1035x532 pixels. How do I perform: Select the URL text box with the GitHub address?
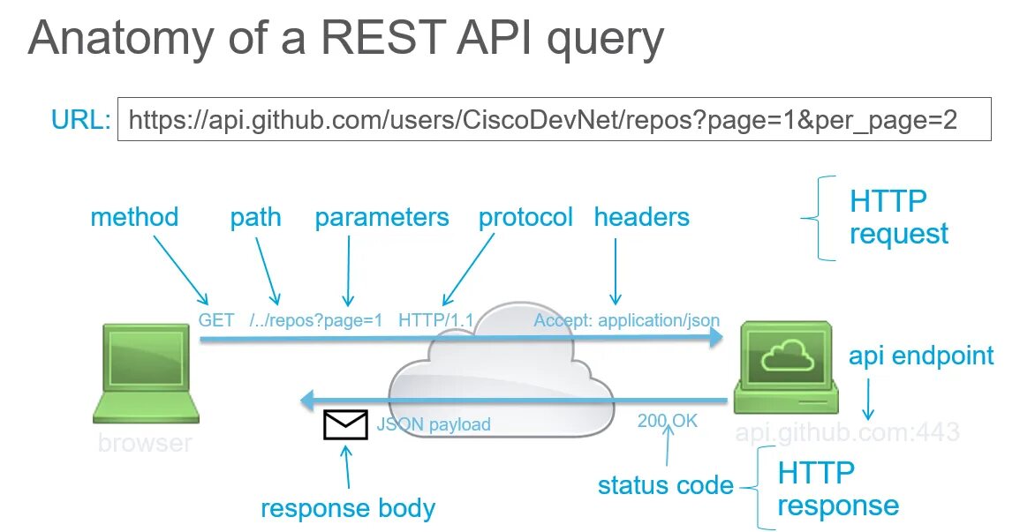click(x=554, y=119)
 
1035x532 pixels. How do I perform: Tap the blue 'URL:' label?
click(x=80, y=120)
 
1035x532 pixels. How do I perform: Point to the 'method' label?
click(x=134, y=217)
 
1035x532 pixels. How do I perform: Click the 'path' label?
click(x=255, y=217)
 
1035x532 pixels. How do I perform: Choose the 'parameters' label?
click(x=382, y=217)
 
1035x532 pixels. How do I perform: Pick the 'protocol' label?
click(x=525, y=217)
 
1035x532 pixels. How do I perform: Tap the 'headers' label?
click(x=641, y=217)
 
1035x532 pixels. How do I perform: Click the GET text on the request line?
click(x=216, y=320)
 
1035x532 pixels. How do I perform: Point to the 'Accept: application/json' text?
click(x=626, y=320)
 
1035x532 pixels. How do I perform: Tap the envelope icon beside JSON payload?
click(x=345, y=424)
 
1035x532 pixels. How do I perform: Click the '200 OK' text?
click(x=668, y=421)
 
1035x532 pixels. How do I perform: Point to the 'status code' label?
click(x=665, y=485)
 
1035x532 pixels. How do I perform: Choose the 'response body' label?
click(x=348, y=509)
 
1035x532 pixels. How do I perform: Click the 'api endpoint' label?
click(x=921, y=356)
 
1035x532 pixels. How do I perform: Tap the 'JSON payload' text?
click(x=434, y=424)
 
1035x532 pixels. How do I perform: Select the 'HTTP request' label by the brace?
click(x=899, y=218)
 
